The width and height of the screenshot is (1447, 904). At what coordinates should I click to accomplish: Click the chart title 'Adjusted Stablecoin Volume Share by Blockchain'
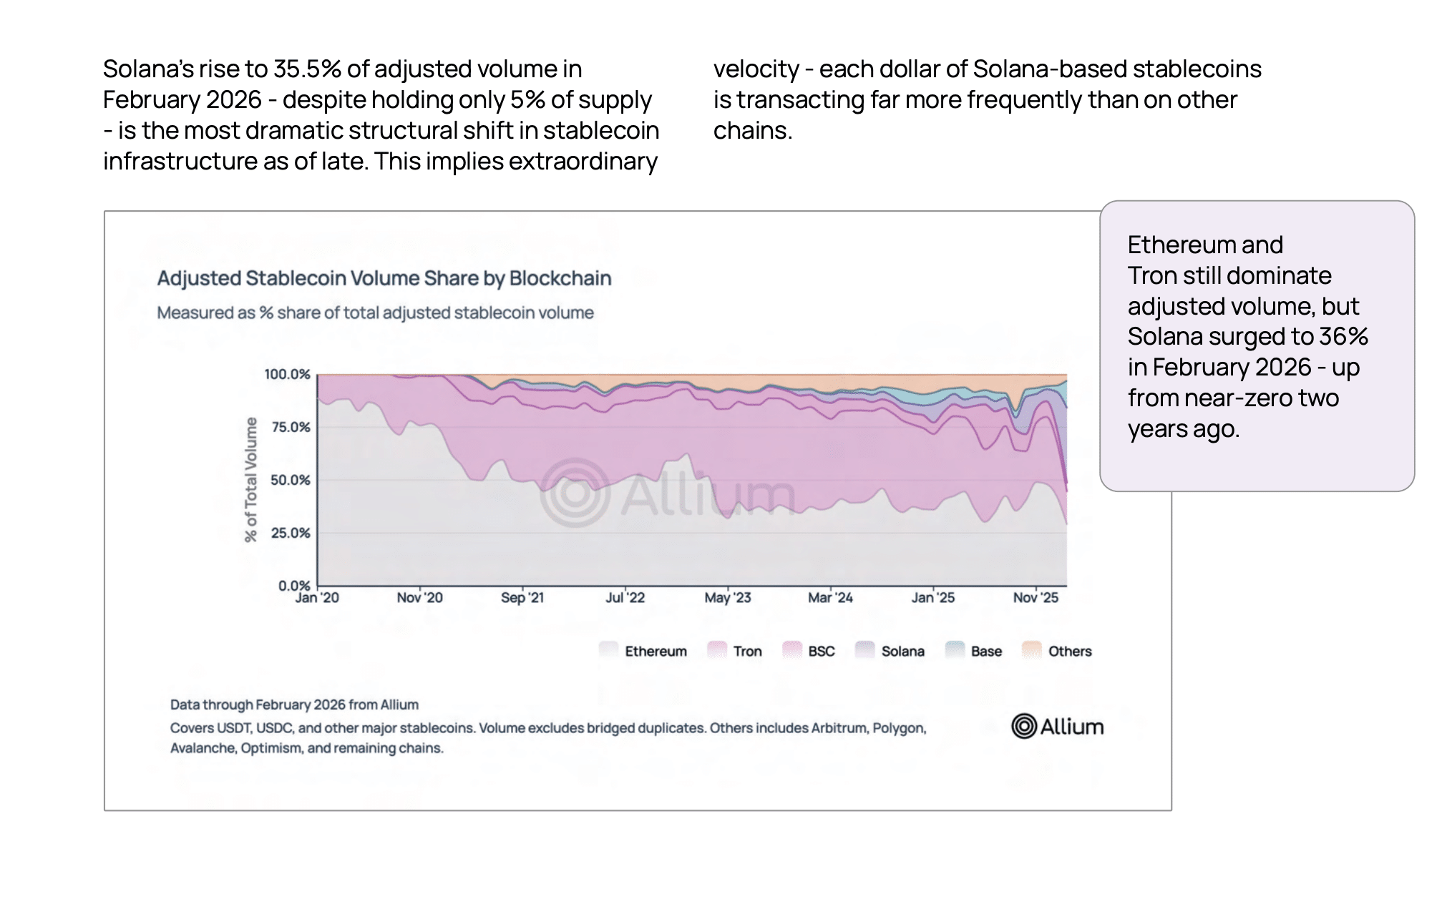point(384,278)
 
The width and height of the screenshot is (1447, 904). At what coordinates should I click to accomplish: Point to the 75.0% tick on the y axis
point(291,427)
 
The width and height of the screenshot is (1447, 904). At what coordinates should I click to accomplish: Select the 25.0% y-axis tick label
point(291,533)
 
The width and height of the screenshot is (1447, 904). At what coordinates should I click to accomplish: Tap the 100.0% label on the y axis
point(287,374)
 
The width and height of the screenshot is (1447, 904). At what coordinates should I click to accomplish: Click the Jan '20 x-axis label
point(317,598)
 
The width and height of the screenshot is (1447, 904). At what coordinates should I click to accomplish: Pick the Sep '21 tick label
point(522,598)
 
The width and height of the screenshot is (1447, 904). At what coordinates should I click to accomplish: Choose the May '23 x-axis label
point(728,598)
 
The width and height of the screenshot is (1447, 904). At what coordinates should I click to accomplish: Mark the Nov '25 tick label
point(1036,598)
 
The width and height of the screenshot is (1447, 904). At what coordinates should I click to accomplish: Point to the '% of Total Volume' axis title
point(250,480)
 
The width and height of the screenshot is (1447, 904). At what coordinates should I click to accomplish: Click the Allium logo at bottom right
point(1057,727)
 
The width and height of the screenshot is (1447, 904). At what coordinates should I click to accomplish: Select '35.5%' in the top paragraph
point(307,69)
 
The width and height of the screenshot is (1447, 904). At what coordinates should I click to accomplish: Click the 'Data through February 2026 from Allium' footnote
point(294,704)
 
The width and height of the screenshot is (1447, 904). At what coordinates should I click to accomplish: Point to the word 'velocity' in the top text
point(756,69)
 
